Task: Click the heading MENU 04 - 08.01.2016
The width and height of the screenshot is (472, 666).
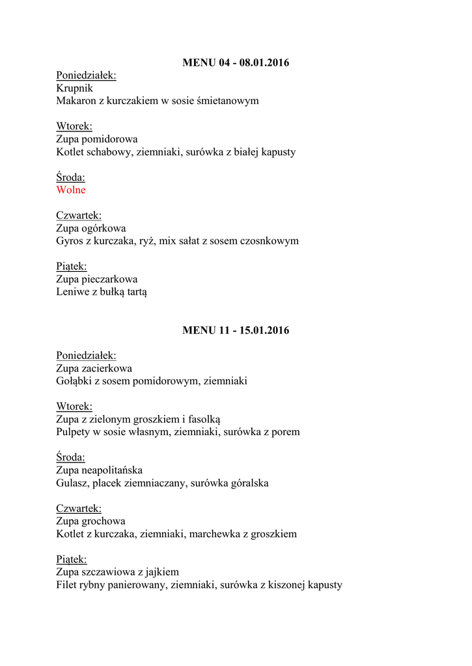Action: point(236,63)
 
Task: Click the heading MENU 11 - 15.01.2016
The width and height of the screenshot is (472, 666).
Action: point(236,330)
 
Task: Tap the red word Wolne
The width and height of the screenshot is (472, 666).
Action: point(71,190)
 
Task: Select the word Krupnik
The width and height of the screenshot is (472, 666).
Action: point(74,88)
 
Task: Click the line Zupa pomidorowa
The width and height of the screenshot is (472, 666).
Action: point(97,139)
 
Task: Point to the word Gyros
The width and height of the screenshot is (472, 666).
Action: point(70,241)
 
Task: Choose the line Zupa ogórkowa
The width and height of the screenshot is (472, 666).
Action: point(91,228)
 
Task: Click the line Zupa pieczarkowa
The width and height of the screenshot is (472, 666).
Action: point(97,280)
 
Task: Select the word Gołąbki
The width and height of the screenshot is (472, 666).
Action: point(74,381)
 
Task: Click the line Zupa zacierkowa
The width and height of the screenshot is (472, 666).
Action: point(94,368)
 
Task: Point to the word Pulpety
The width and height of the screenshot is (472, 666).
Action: point(74,432)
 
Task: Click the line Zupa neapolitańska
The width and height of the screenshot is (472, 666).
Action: point(100,470)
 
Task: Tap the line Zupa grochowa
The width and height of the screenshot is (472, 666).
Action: point(90,521)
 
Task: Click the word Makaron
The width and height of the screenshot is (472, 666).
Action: point(77,101)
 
